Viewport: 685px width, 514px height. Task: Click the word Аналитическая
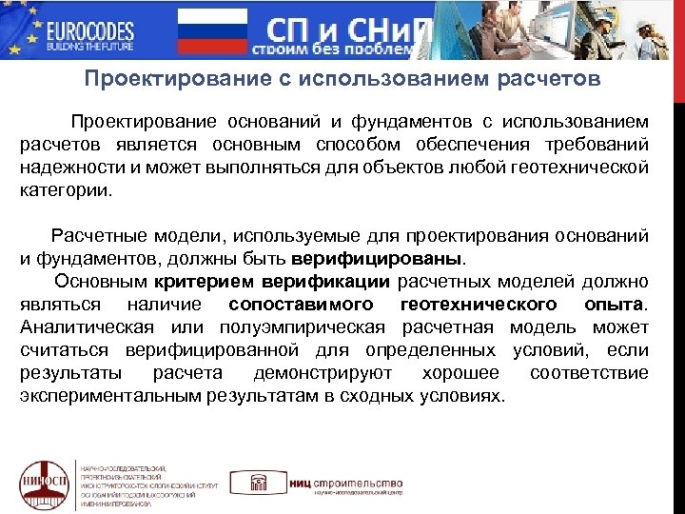pyautogui.click(x=79, y=327)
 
